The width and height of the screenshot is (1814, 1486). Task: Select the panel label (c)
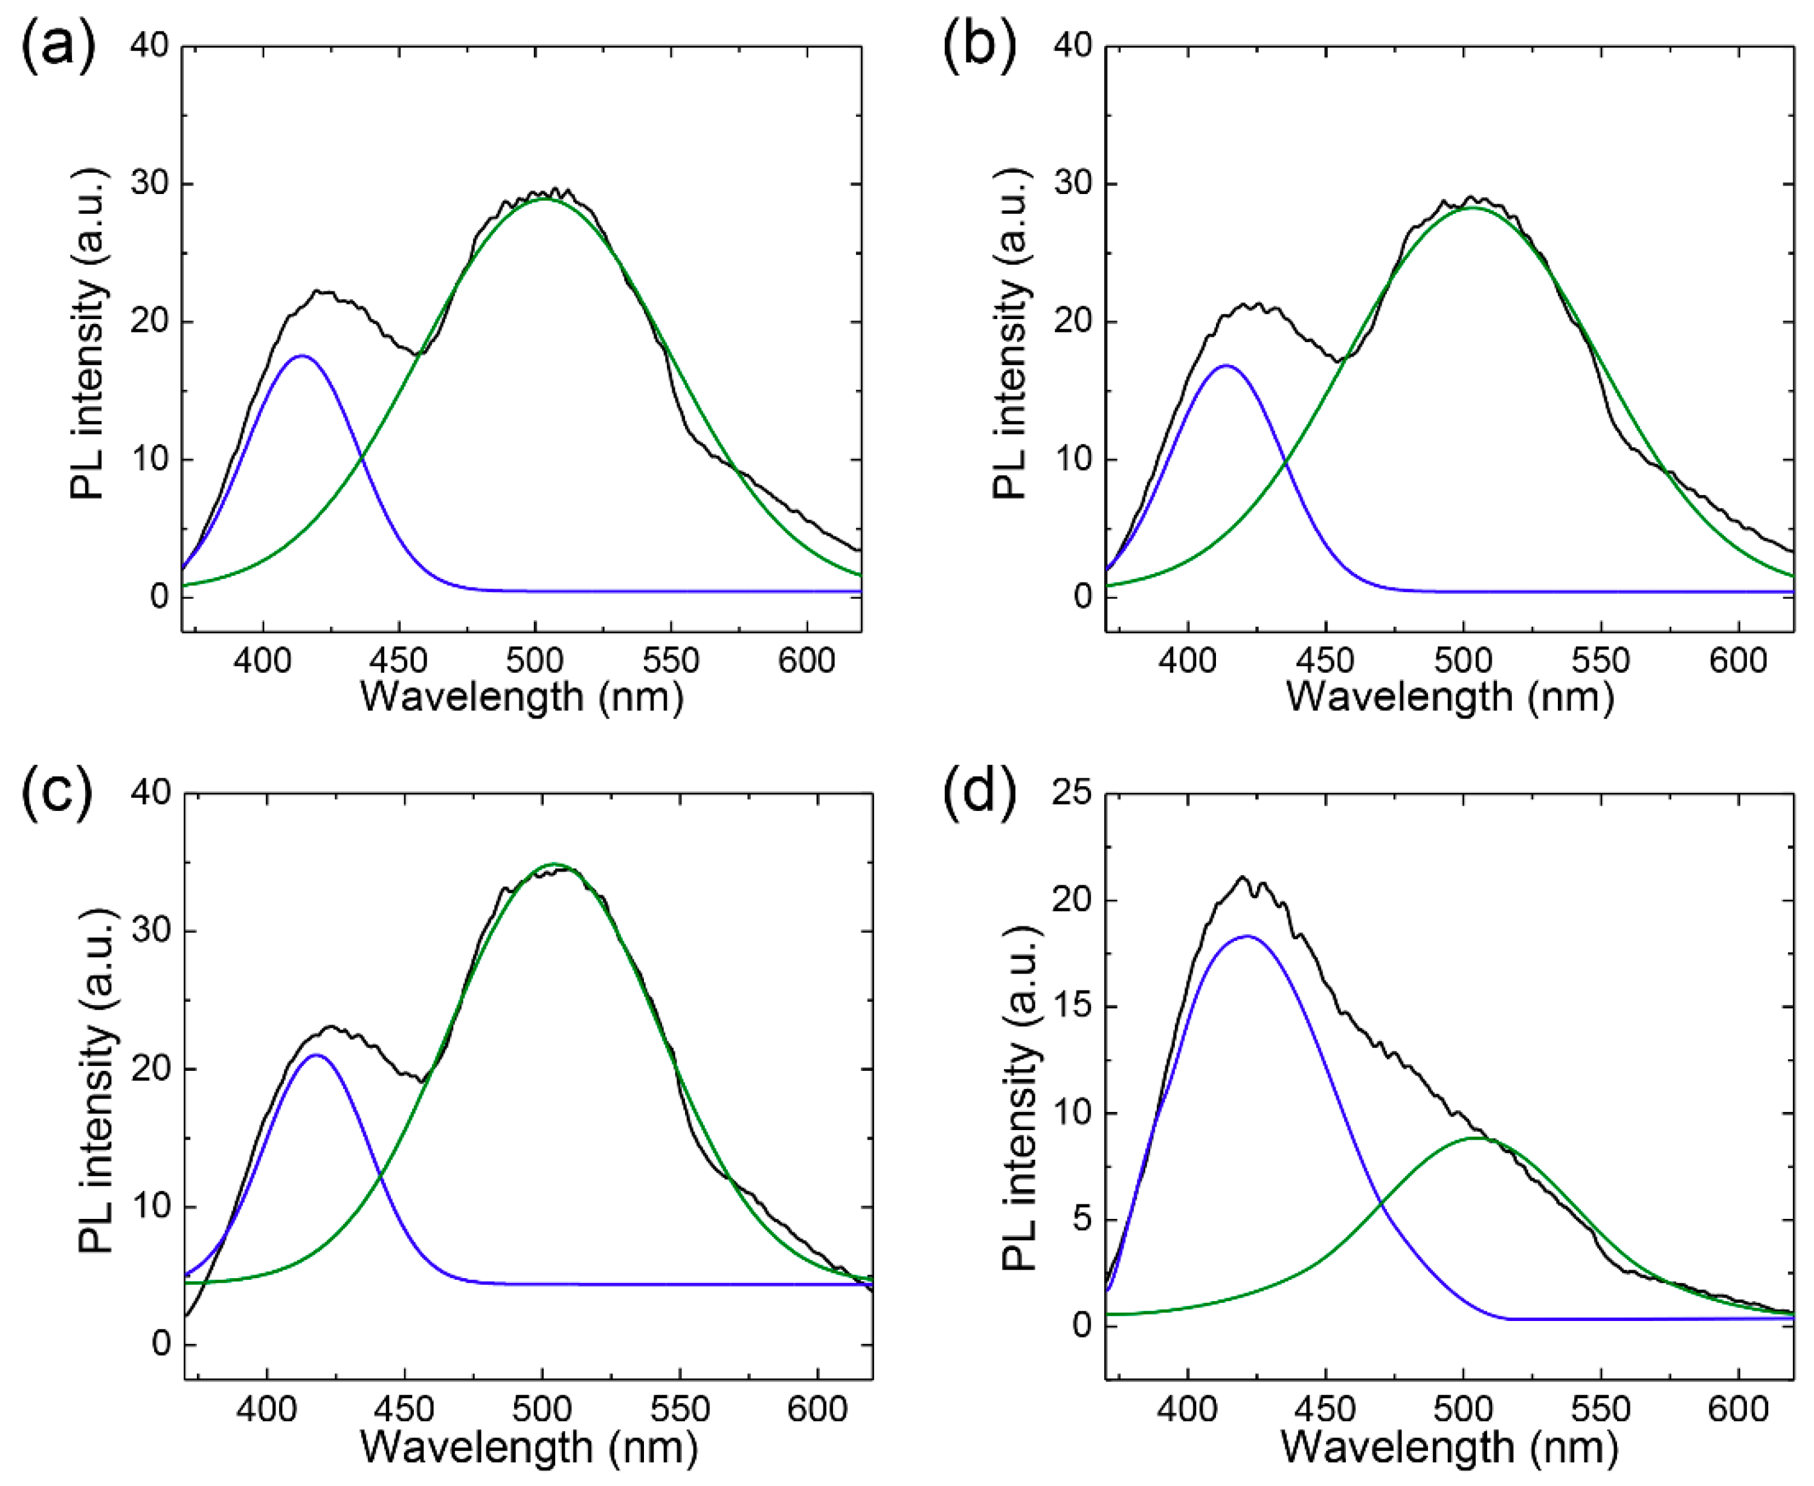coord(57,794)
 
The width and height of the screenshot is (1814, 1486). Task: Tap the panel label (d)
coord(980,794)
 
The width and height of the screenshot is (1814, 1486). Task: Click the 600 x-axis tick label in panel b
coord(1738,661)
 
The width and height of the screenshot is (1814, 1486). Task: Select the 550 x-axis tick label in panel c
coord(680,1409)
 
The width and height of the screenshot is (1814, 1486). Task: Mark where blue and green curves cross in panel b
coord(1285,463)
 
